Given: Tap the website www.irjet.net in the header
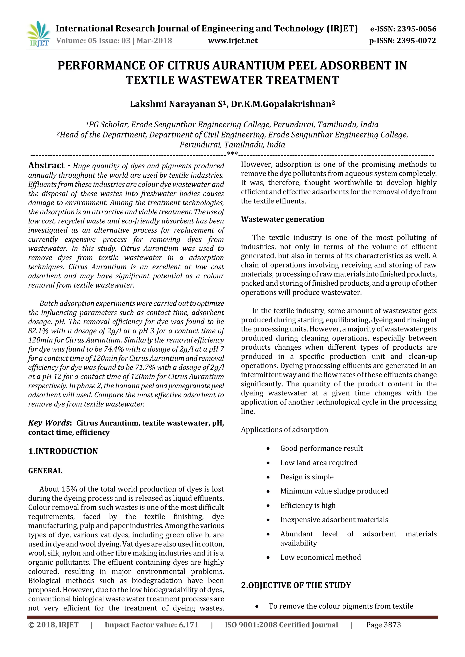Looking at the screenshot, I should [232, 41].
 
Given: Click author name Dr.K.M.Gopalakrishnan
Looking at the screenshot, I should [283, 104].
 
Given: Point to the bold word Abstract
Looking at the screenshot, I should [46, 165].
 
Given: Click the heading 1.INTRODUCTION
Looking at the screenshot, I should [63, 451].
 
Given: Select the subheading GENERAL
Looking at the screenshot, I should [45, 471].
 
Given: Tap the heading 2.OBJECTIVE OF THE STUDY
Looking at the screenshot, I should [296, 585].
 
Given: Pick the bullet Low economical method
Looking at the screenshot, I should [320, 557].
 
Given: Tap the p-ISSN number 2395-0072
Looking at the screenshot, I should [416, 41].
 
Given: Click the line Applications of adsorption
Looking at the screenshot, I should [284, 429].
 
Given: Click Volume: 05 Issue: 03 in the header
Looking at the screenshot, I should [93, 41].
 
